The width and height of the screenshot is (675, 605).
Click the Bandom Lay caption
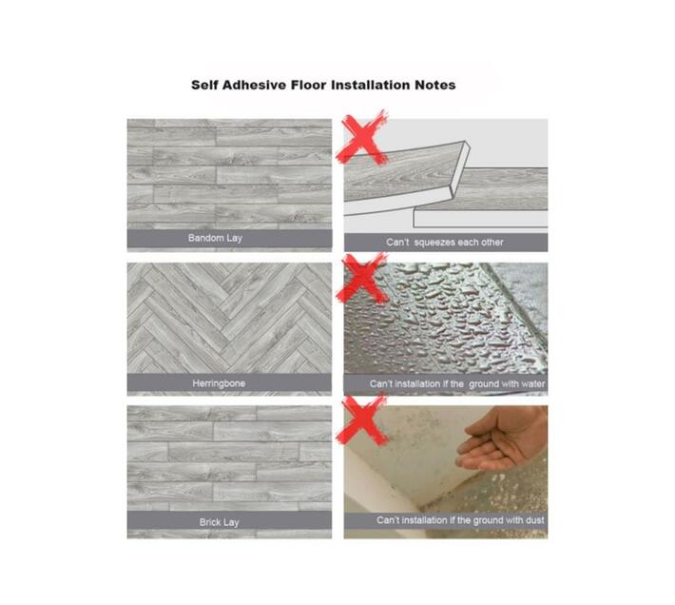pyautogui.click(x=215, y=238)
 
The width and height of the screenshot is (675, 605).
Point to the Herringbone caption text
pyautogui.click(x=219, y=383)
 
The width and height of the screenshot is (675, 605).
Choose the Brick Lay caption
pyautogui.click(x=219, y=522)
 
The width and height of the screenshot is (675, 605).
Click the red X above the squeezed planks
pyautogui.click(x=363, y=137)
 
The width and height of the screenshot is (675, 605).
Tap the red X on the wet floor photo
pyautogui.click(x=362, y=278)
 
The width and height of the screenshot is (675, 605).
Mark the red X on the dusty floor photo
pyautogui.click(x=362, y=420)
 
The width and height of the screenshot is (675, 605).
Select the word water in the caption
pyautogui.click(x=532, y=383)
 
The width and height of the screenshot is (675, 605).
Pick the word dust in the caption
pyautogui.click(x=535, y=520)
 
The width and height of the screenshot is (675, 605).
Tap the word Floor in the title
pyautogui.click(x=308, y=85)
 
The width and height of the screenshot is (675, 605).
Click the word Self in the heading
pyautogui.click(x=204, y=85)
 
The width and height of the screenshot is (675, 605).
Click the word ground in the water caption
pyautogui.click(x=484, y=383)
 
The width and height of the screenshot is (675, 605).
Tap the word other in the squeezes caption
pyautogui.click(x=492, y=243)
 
